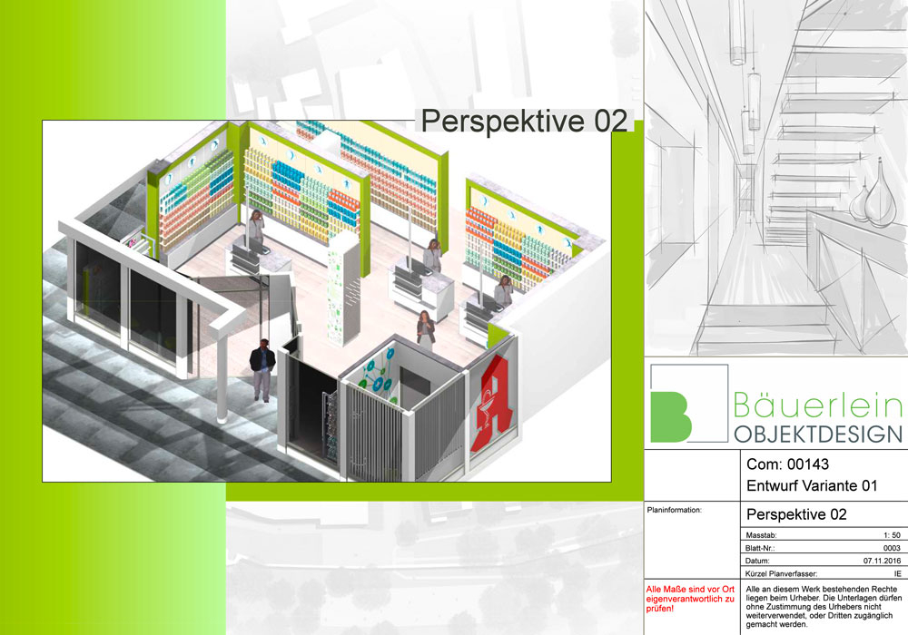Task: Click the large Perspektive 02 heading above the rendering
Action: coord(524,121)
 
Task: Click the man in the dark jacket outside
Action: coord(262,370)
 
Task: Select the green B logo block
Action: coord(671,416)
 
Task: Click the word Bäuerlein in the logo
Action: coord(818,405)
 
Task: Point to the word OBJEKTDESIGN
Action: coord(818,434)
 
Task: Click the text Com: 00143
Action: coord(787,464)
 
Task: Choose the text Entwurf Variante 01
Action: coord(812,485)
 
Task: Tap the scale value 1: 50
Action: coord(892,535)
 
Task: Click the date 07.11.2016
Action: coord(882,561)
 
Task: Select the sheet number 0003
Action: coord(892,548)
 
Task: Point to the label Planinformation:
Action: coord(674,510)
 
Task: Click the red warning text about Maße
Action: coord(690,599)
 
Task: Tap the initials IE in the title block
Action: coord(898,573)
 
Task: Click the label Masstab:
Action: coord(761,535)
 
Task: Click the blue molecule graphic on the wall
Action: coord(377,374)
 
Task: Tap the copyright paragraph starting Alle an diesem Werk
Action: coord(824,607)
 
